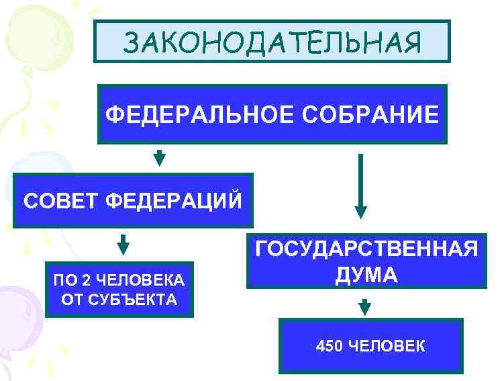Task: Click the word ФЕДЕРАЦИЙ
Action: click(174, 200)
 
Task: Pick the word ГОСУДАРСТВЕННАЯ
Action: click(366, 250)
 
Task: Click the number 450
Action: click(330, 346)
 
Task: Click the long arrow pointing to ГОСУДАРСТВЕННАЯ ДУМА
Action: click(361, 185)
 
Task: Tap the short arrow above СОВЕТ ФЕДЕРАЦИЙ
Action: click(159, 159)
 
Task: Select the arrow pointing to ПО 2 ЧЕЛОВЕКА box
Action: click(123, 244)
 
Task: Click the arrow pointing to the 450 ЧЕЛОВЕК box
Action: click(364, 306)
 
